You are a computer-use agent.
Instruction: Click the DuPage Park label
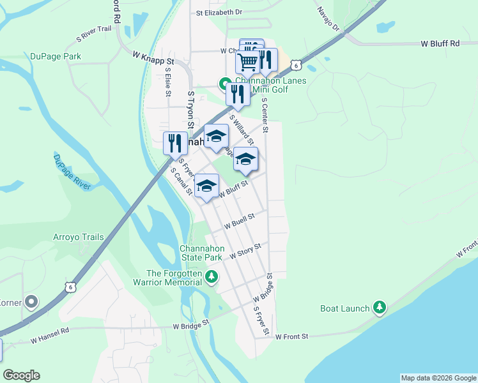56,56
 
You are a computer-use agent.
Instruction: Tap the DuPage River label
72,172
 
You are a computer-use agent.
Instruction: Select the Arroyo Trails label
78,237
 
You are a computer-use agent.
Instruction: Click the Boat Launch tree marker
380,308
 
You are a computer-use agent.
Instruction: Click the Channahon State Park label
201,253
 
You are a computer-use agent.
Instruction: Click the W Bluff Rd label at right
440,43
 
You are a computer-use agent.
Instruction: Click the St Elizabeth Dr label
219,12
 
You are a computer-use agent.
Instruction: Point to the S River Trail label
94,29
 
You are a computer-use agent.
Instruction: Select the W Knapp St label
153,57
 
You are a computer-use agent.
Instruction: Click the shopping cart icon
247,61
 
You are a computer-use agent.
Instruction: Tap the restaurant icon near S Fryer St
174,143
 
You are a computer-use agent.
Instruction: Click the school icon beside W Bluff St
206,186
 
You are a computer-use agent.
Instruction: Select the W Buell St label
239,221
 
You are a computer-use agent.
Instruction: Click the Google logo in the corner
21,375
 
